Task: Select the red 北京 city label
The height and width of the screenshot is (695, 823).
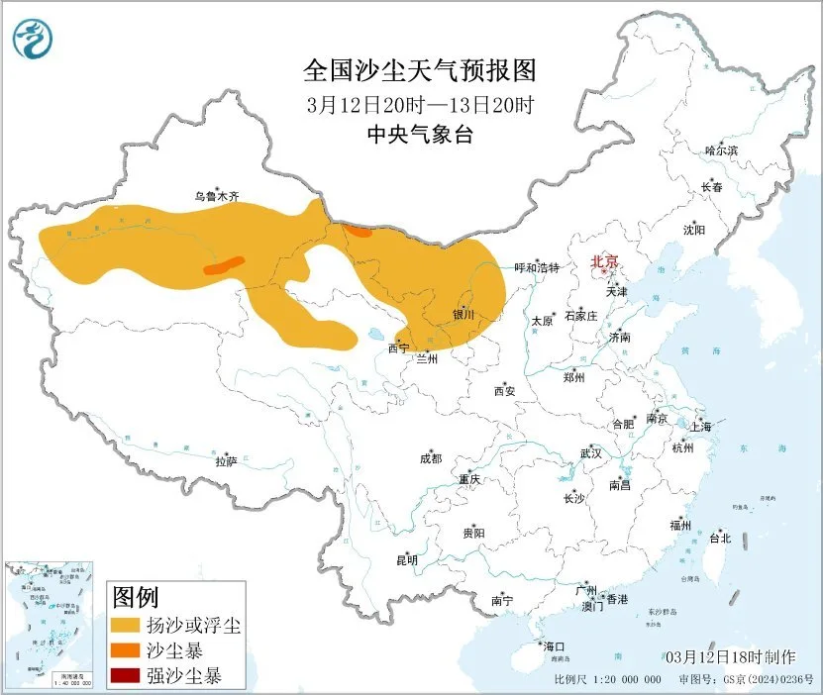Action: (604, 261)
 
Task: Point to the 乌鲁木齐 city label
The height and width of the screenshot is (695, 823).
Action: (216, 197)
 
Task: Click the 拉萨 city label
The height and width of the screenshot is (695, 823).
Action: (226, 460)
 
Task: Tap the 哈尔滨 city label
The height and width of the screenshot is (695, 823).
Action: (721, 150)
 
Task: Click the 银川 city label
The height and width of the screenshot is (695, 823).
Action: (463, 315)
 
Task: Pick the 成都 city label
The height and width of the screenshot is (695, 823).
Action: (431, 458)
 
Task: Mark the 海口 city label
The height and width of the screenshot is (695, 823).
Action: (553, 646)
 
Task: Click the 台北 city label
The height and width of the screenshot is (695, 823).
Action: (719, 539)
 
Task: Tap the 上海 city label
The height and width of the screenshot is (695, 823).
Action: (701, 427)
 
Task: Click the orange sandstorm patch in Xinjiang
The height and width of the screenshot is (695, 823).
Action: (224, 265)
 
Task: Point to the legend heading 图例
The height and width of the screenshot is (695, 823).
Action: (136, 597)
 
